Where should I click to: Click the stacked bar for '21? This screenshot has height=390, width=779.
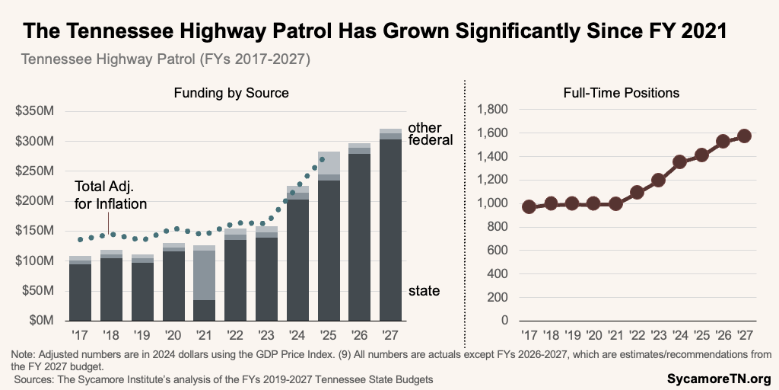click(205, 283)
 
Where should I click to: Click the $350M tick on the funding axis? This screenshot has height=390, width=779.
click(36, 111)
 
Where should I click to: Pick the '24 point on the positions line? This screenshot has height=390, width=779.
click(659, 162)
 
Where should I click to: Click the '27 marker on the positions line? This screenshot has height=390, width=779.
click(745, 136)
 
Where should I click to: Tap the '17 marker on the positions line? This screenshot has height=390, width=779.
click(529, 206)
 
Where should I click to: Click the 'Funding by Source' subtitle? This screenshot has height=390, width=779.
click(231, 93)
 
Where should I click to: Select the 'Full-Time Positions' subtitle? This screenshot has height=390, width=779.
click(621, 93)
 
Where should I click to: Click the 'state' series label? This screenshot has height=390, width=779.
click(424, 291)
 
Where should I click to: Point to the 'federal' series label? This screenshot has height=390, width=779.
click(431, 140)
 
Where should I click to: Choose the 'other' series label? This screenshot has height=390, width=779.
click(424, 128)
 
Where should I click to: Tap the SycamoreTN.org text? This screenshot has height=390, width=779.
click(719, 379)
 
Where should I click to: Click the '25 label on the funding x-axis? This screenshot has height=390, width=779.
click(329, 336)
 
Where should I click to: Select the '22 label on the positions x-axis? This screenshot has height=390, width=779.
click(638, 336)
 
